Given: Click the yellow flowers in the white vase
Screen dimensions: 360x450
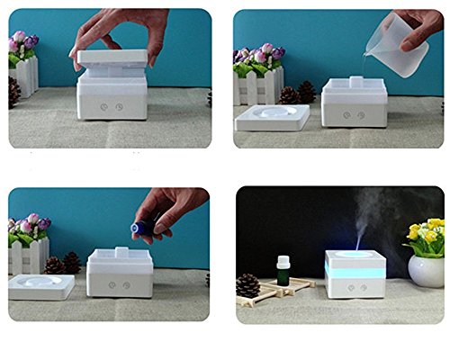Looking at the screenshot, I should tap(425, 237).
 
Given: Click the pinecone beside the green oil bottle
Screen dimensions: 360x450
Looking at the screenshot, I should tap(247, 285).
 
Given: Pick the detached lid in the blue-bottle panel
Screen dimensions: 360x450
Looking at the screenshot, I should tap(41, 287).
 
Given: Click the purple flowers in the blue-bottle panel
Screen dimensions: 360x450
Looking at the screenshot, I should tap(27, 225).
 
